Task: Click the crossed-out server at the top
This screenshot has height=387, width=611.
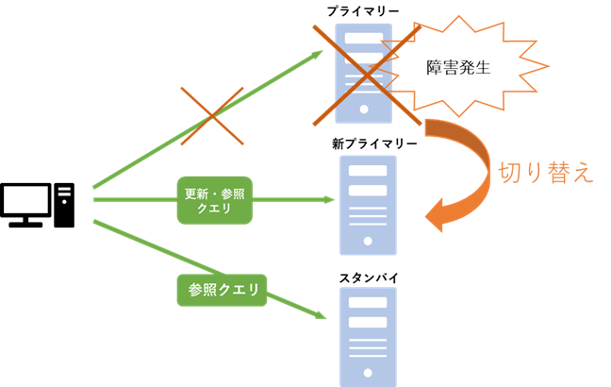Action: coord(363,74)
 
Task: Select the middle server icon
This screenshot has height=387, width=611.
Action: coord(368,206)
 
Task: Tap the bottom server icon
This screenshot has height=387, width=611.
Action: coord(368,335)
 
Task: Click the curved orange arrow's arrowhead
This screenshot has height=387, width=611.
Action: coord(435,215)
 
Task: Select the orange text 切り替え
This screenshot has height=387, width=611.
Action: coord(546,172)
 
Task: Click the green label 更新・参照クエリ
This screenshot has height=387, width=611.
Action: coord(214,200)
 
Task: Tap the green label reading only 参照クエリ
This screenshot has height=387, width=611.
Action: coord(222,290)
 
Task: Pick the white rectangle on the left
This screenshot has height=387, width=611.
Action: coord(25,199)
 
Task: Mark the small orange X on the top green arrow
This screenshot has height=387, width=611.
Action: coord(212,116)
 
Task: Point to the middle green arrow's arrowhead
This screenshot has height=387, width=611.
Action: coord(331,199)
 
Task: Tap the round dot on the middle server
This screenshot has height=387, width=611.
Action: coord(368,242)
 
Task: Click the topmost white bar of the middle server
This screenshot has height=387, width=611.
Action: coord(368,171)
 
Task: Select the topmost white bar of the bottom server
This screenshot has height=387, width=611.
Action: coord(368,303)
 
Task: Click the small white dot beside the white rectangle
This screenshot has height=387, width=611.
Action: coord(64,202)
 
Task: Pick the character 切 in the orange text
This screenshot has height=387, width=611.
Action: coord(509,172)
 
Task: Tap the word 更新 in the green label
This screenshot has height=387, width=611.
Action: coord(197,193)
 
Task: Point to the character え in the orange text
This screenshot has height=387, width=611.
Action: coord(583,173)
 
